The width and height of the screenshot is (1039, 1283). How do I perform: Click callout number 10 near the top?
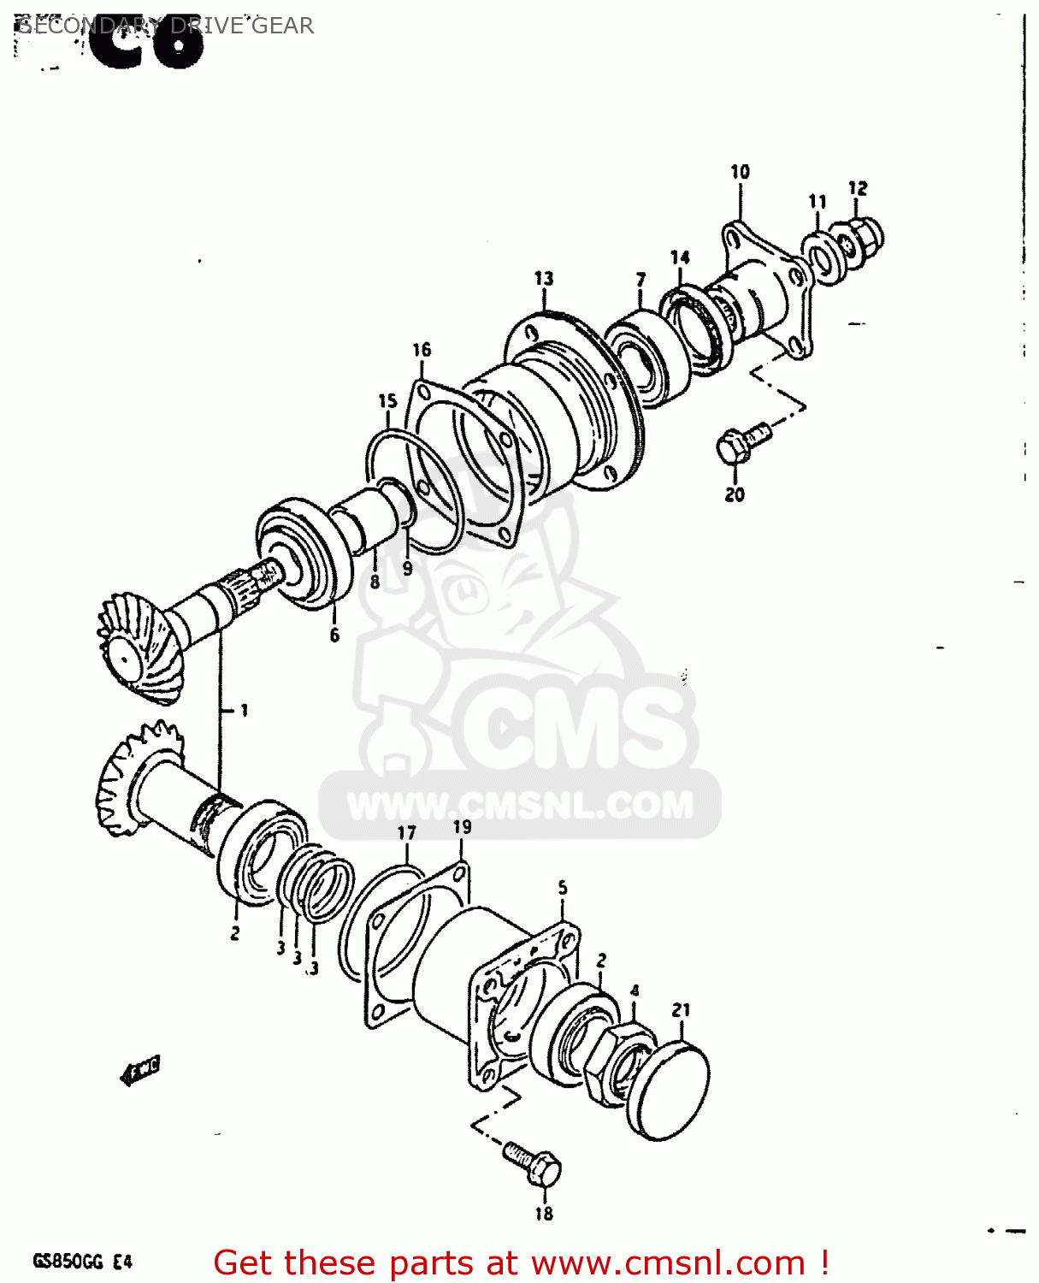point(740,172)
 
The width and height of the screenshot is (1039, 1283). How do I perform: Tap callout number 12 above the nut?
point(858,188)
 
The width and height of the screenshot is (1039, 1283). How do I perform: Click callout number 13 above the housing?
point(544,279)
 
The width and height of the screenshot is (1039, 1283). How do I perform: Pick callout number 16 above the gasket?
point(422,350)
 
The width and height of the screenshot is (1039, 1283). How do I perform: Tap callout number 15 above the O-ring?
point(388,401)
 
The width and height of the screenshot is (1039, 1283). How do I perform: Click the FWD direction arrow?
point(140,1069)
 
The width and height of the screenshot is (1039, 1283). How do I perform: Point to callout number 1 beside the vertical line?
point(244,710)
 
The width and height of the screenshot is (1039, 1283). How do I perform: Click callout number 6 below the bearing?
point(334,635)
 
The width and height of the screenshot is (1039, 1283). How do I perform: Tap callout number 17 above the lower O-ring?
point(407,833)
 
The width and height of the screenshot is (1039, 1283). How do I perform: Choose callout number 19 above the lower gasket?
point(462,827)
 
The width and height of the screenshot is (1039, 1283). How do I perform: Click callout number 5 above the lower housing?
point(563,888)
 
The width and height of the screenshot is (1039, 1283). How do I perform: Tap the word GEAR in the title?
point(282,26)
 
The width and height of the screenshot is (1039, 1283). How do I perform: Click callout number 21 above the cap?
point(681,1010)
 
